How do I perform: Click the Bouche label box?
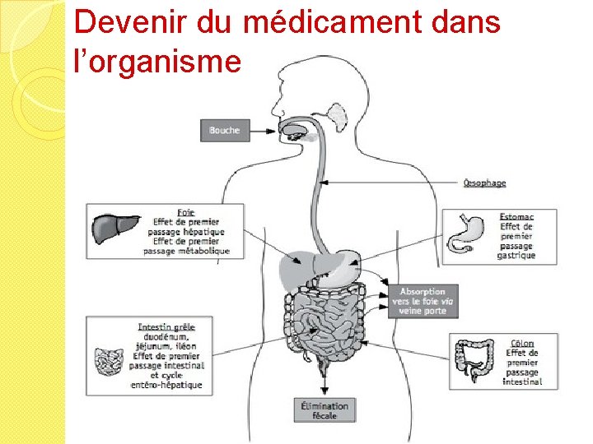[224, 130]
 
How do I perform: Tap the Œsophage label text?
[484, 183]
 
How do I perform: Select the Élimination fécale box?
[325, 409]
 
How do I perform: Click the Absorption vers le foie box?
[422, 301]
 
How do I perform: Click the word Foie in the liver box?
[186, 212]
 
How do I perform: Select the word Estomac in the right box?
[516, 216]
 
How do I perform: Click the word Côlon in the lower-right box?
[522, 343]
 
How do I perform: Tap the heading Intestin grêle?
[167, 326]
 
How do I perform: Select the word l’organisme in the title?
[157, 61]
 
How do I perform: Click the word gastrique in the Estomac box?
[516, 255]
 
